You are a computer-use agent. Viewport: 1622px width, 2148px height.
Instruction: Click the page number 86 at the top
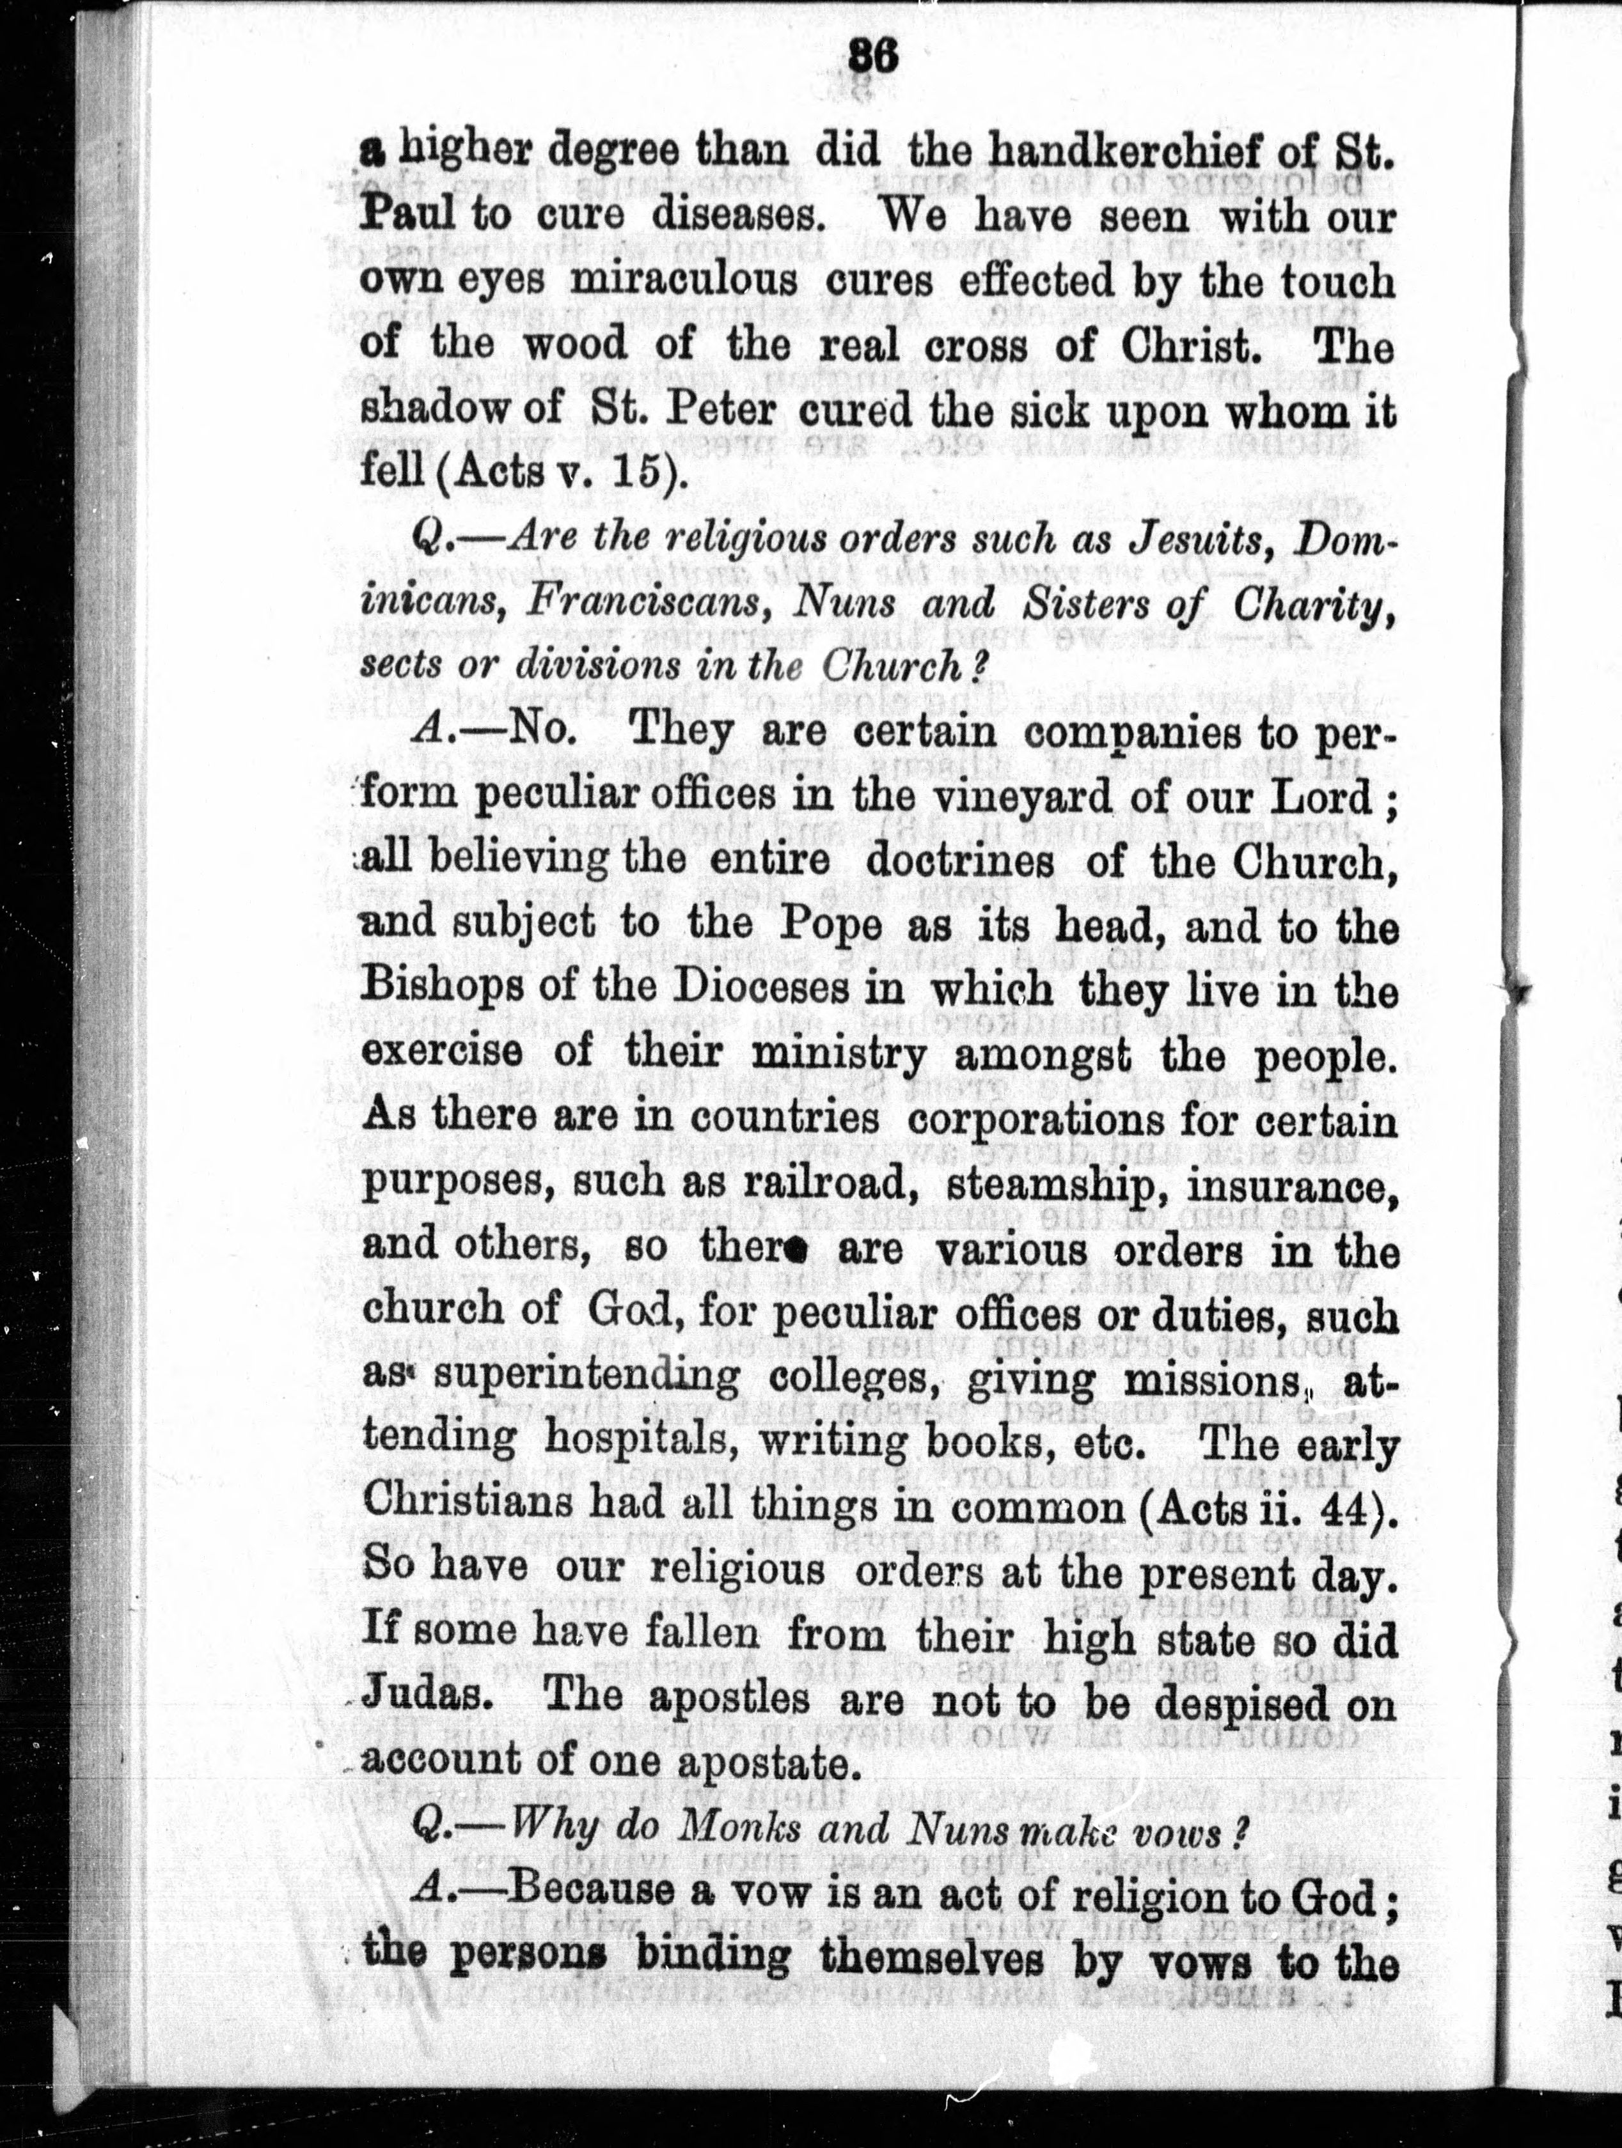872,58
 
